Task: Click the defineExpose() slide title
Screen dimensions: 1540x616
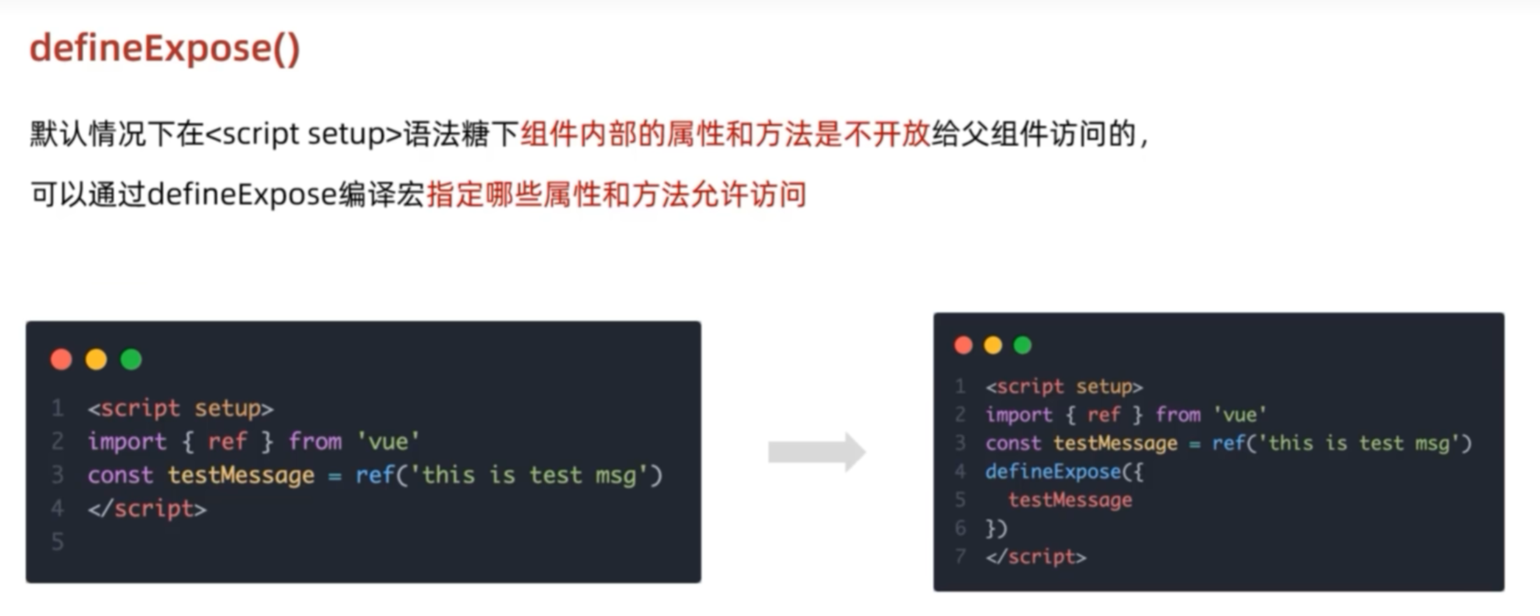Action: (164, 49)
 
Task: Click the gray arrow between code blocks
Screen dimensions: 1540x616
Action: (816, 452)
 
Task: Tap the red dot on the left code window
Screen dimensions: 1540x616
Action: (62, 359)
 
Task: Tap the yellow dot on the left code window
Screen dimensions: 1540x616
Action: (97, 359)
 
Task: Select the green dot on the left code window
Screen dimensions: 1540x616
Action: (131, 359)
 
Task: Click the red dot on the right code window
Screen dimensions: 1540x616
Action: (963, 345)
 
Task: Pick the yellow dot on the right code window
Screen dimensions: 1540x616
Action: (993, 345)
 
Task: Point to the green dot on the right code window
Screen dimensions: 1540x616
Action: (1022, 345)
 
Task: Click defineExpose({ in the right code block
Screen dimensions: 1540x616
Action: (1064, 472)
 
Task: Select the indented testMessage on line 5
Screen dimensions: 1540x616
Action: (1069, 500)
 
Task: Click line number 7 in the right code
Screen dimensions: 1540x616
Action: (960, 557)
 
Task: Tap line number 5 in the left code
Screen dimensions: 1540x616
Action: (57, 541)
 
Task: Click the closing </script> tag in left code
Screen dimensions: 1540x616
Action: (147, 508)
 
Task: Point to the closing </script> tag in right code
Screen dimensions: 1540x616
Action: (1036, 557)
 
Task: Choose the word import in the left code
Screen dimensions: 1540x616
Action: (127, 442)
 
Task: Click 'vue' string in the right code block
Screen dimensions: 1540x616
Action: (1239, 415)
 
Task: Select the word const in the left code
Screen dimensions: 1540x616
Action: (120, 475)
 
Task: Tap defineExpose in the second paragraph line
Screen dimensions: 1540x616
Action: (242, 194)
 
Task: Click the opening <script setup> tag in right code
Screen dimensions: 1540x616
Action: (1064, 387)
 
